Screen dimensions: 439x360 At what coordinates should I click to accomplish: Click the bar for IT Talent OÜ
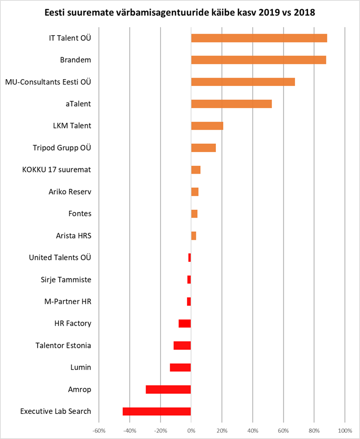259,38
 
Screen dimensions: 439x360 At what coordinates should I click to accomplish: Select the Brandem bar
258,60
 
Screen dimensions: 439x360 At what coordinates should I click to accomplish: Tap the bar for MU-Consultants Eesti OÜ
243,82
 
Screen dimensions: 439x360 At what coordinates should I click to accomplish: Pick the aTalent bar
231,104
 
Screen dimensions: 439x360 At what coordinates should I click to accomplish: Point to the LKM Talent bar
207,126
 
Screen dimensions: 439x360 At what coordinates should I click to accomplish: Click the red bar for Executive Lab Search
157,411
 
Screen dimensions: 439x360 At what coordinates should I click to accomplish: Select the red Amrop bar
168,389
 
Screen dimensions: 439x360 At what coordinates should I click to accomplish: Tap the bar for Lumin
180,367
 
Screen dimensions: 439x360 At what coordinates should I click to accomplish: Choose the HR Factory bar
184,324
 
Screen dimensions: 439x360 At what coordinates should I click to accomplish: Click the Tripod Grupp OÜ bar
203,148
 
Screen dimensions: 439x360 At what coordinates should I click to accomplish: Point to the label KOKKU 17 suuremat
56,170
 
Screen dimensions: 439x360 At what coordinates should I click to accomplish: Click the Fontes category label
80,213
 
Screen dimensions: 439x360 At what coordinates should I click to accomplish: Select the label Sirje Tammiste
66,280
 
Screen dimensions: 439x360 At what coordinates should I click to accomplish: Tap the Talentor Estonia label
63,346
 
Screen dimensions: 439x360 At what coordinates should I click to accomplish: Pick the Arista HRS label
73,235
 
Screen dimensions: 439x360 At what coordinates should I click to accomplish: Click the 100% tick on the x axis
345,431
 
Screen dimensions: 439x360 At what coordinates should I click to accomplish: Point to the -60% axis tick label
99,431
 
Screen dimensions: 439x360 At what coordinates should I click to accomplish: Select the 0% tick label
191,431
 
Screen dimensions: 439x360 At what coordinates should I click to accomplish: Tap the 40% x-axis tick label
253,431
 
